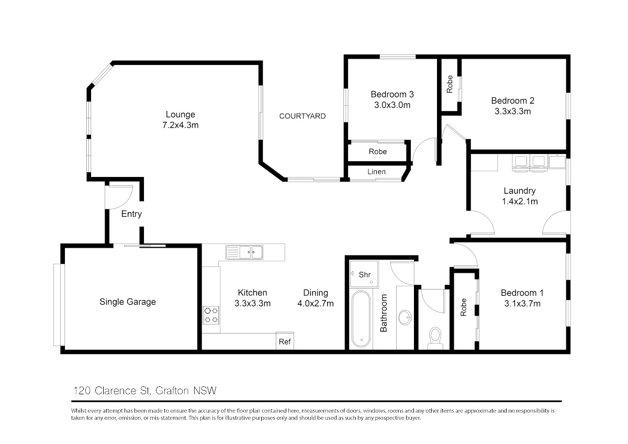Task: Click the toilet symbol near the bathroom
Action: click(435, 338)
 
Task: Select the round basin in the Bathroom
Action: click(405, 317)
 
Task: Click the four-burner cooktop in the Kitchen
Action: click(211, 315)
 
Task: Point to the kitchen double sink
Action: click(244, 252)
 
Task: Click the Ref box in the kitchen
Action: click(285, 341)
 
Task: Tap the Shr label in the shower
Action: click(364, 274)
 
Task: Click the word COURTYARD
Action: click(302, 116)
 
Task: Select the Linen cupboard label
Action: click(376, 171)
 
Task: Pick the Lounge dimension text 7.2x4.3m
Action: click(180, 125)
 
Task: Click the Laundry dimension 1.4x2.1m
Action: click(520, 201)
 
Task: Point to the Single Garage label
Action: click(128, 302)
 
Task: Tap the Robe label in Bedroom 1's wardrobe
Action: click(464, 307)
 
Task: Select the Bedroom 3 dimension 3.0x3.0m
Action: click(392, 105)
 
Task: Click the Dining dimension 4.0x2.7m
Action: click(316, 303)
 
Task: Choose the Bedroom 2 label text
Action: click(512, 101)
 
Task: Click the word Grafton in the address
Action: click(172, 391)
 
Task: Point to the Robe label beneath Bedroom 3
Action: click(378, 151)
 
